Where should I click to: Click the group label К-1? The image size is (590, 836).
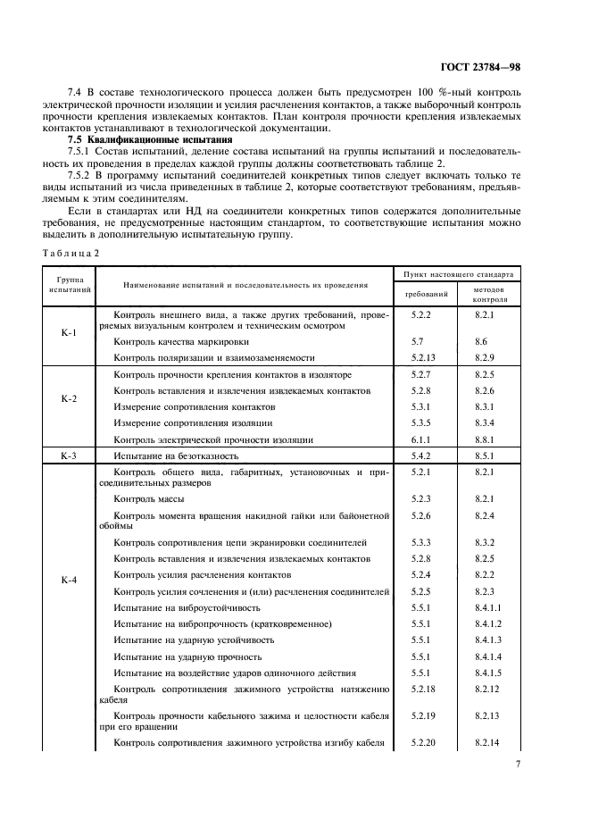pyautogui.click(x=69, y=333)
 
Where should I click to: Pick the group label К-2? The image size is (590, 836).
pyautogui.click(x=69, y=399)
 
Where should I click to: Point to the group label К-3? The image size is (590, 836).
pyautogui.click(x=69, y=456)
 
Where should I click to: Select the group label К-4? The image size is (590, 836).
pyautogui.click(x=69, y=580)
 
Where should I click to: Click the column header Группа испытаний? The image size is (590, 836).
pyautogui.click(x=69, y=286)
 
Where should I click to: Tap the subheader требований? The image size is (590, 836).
pyautogui.click(x=426, y=293)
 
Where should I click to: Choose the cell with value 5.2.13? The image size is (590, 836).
pyautogui.click(x=423, y=357)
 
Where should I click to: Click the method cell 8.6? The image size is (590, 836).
pyautogui.click(x=481, y=341)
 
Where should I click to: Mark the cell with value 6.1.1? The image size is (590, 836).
pyautogui.click(x=420, y=439)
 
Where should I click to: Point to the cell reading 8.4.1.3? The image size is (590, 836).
pyautogui.click(x=489, y=640)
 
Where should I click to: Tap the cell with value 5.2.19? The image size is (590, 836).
pyautogui.click(x=423, y=715)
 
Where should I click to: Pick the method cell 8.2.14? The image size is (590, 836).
pyautogui.click(x=487, y=743)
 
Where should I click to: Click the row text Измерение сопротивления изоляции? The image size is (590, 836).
pyautogui.click(x=194, y=422)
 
